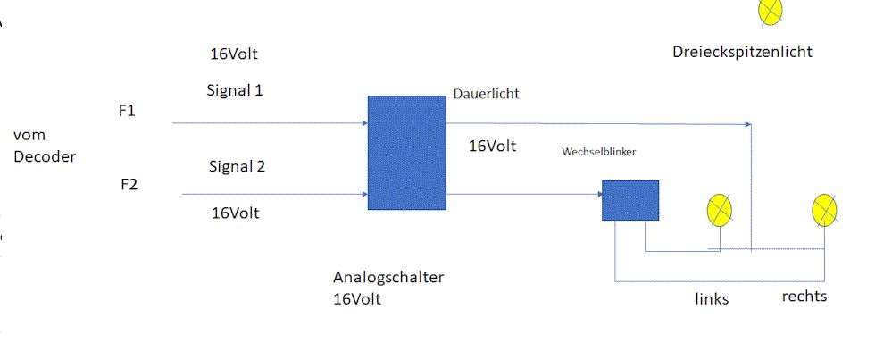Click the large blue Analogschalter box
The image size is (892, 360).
coord(406,152)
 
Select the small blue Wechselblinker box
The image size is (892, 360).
coord(629,200)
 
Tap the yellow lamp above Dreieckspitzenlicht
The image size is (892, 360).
coord(770,9)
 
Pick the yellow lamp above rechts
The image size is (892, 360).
coord(823,210)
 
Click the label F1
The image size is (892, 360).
coord(126,112)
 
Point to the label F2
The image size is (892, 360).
coord(129,185)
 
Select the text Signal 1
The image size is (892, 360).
coord(235,90)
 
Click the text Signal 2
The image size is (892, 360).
coord(237,166)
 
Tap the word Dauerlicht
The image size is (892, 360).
coord(486,93)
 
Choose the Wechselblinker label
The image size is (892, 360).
coord(598,152)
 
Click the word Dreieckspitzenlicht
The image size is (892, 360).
coord(742,52)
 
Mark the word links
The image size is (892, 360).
coord(712,299)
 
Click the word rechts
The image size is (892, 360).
coord(804,297)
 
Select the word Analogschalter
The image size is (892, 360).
coord(388,277)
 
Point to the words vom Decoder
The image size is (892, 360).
coord(45,146)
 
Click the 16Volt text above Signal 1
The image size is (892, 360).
coord(234,54)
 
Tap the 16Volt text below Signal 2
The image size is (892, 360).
coord(235,213)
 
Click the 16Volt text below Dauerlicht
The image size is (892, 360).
coord(492,146)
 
